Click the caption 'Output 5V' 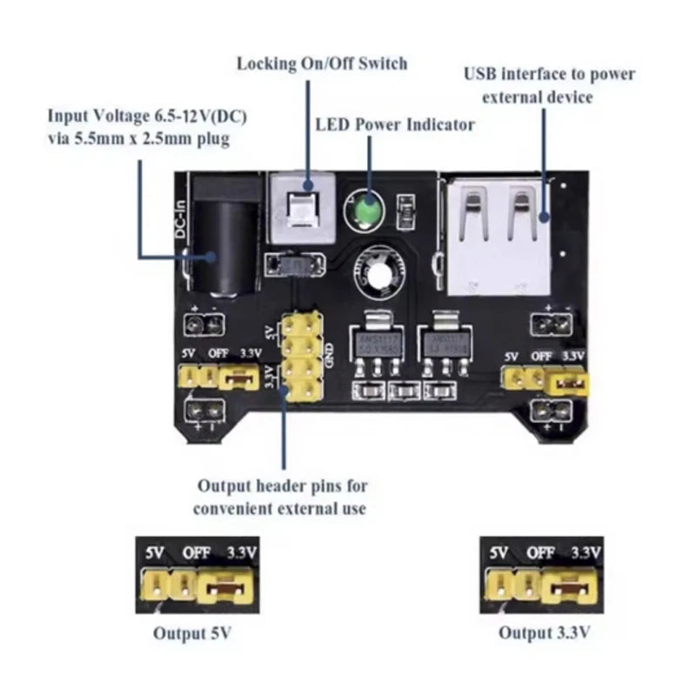tap(193, 633)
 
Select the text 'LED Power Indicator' tap(394, 125)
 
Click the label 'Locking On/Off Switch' tap(321, 64)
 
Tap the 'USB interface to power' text tap(549, 74)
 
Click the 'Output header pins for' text tap(282, 485)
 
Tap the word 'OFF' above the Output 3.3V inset tap(540, 552)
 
